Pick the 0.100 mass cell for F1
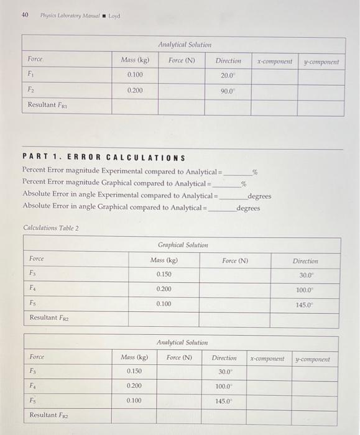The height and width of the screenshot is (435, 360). tap(134, 75)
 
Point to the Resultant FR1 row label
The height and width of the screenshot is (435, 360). tap(51, 106)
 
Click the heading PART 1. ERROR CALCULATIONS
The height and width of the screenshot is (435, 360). tap(103, 158)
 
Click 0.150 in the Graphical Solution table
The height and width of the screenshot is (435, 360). tap(164, 274)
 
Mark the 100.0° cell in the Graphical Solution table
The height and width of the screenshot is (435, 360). tap(305, 290)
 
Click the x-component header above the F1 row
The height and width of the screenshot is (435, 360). tap(274, 61)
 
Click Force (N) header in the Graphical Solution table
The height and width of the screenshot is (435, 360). tap(235, 260)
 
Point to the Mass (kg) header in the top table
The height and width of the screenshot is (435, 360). tap(135, 60)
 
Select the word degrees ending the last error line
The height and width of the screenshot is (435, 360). tap(248, 208)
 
